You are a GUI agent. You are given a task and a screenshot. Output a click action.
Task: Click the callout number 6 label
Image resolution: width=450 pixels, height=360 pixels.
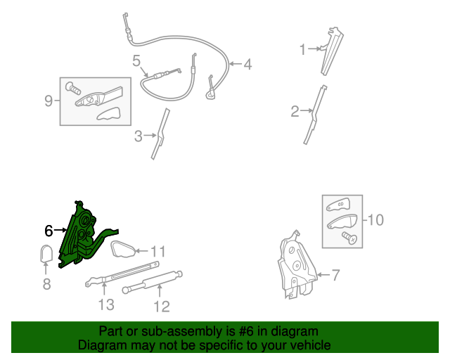click(49, 231)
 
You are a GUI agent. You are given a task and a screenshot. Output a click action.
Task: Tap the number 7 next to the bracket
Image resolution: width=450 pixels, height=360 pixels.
click(335, 275)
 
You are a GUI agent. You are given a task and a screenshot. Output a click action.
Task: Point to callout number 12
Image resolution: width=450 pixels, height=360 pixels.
click(162, 307)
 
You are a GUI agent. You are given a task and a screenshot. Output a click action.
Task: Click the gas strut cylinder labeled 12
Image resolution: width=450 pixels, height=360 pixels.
click(153, 282)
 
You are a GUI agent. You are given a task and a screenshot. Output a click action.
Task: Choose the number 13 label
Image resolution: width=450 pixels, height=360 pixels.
click(106, 305)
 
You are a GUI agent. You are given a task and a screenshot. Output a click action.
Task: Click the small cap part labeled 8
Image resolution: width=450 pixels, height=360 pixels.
click(46, 254)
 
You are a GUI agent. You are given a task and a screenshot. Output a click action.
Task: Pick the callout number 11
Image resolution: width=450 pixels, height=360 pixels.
click(158, 252)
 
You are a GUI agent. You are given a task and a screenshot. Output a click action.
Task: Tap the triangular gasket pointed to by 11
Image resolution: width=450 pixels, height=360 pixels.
click(123, 249)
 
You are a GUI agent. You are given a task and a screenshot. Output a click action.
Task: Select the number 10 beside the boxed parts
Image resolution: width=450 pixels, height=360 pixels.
click(375, 220)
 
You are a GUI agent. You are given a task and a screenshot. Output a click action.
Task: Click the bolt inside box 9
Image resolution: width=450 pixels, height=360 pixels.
click(73, 89)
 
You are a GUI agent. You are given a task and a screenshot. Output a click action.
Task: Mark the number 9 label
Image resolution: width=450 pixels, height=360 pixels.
click(49, 101)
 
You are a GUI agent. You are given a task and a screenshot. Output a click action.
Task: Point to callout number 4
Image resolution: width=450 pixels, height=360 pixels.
click(247, 64)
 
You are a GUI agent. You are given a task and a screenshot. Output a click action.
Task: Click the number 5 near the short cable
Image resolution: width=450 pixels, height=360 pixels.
click(136, 61)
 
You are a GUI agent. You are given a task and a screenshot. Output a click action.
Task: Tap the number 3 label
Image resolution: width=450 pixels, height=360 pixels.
click(139, 136)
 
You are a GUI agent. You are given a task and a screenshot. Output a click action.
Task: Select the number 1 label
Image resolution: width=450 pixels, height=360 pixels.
click(303, 49)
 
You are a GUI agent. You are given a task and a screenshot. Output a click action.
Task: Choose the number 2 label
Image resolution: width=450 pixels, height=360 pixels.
click(295, 111)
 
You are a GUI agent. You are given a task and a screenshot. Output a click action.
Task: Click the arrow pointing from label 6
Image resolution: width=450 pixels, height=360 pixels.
click(60, 230)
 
